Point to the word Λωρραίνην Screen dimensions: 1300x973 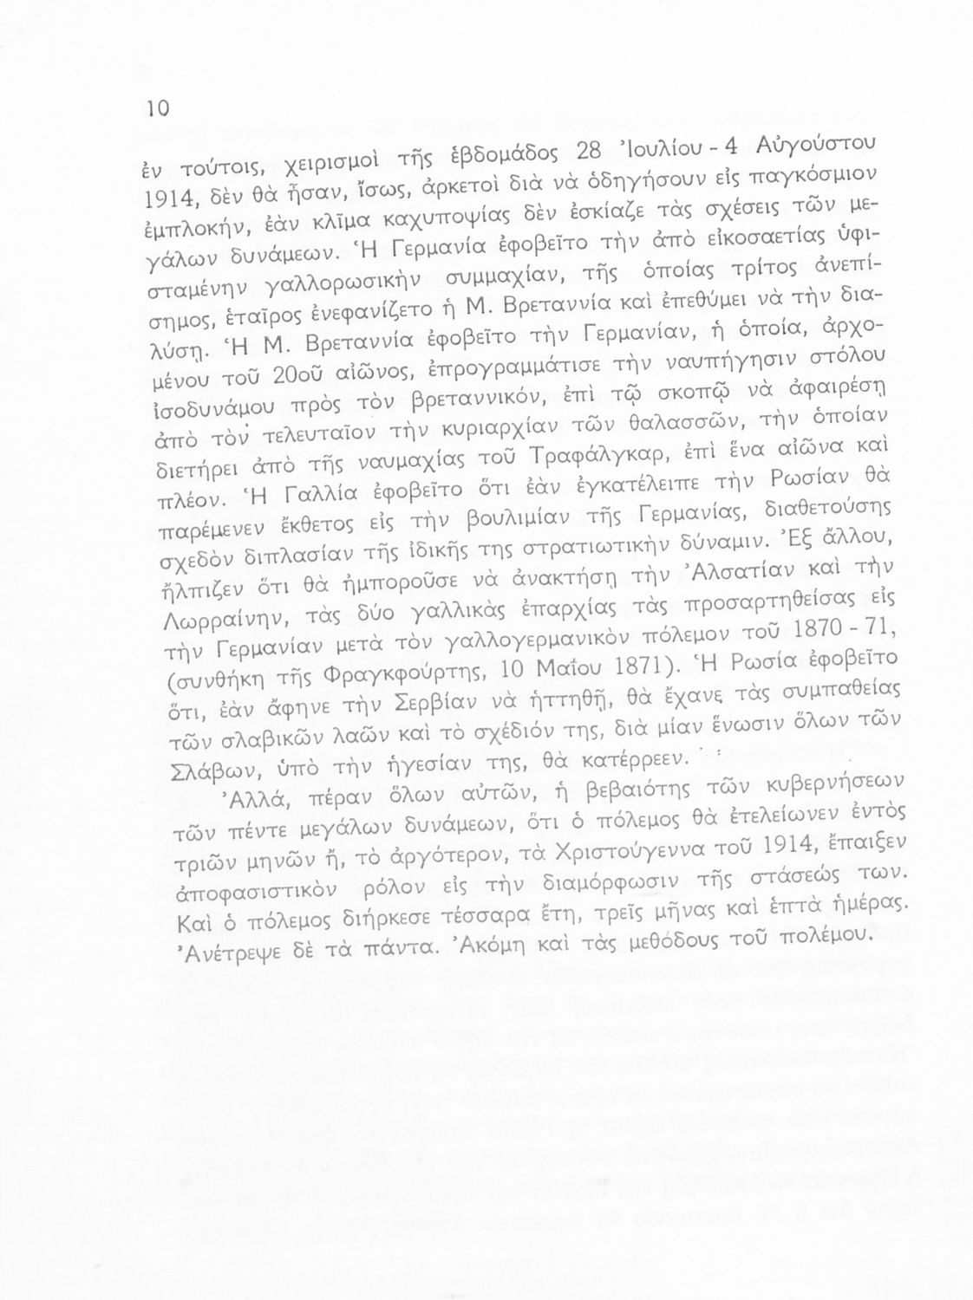click(199, 626)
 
